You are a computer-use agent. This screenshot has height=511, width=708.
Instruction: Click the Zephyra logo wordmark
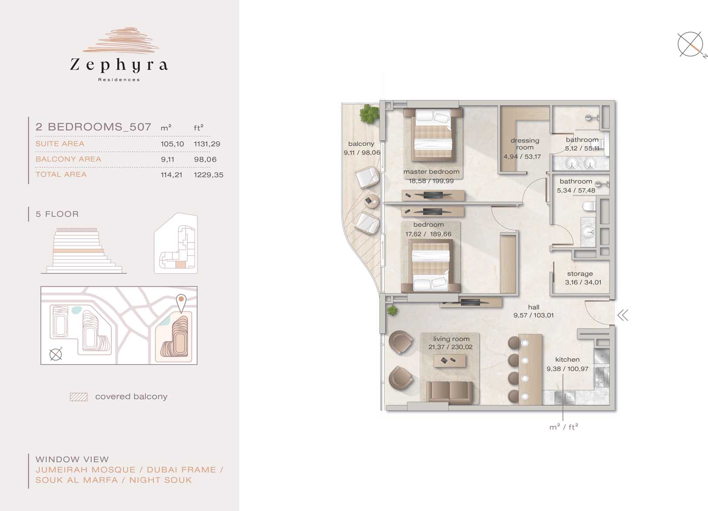click(x=119, y=65)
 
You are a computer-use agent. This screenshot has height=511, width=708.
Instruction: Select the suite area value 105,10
click(x=172, y=144)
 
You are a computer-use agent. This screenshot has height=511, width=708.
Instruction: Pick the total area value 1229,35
click(x=209, y=175)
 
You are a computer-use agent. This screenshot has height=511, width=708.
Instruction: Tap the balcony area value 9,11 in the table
click(x=168, y=159)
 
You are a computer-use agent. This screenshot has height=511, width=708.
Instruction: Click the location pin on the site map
click(x=181, y=303)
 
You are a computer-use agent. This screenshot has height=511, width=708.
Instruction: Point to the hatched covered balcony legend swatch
click(x=79, y=397)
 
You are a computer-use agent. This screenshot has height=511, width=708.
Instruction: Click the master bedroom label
click(x=432, y=172)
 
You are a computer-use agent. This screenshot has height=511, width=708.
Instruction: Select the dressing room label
click(x=525, y=144)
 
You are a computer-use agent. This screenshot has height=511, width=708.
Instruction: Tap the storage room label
click(x=580, y=274)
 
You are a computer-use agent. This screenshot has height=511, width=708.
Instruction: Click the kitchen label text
click(x=567, y=359)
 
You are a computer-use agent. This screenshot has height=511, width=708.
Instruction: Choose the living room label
click(x=451, y=339)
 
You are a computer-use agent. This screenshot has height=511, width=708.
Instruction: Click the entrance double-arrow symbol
click(x=623, y=315)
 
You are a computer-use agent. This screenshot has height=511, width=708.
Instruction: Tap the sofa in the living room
click(x=450, y=393)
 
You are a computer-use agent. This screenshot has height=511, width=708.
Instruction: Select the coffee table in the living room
click(x=450, y=361)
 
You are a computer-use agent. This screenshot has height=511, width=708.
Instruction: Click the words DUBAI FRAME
click(x=181, y=470)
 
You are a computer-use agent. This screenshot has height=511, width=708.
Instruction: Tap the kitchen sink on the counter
click(x=564, y=397)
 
